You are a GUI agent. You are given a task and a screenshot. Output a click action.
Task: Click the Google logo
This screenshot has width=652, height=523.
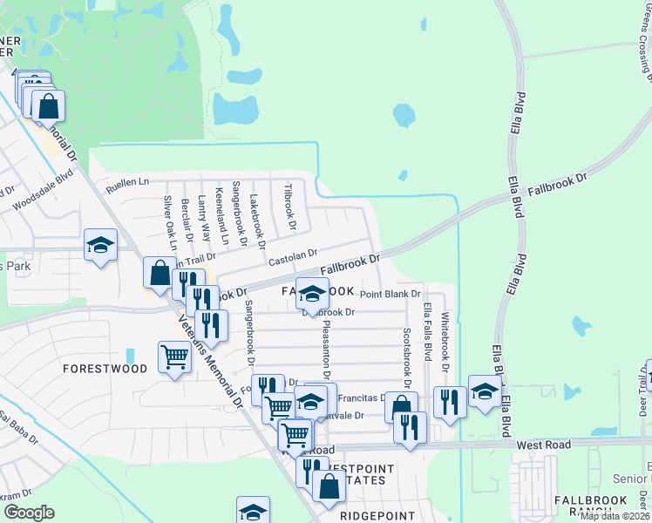coord(30,513)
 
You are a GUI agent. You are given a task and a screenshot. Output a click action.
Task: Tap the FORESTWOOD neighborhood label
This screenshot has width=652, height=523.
coord(105,369)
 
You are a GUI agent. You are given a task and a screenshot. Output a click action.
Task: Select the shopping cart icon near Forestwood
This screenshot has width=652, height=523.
coord(174,357)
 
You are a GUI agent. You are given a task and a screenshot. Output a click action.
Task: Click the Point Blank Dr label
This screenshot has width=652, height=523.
coord(390,295)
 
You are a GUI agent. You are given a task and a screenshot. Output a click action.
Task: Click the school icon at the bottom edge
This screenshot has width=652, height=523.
coord(253,511)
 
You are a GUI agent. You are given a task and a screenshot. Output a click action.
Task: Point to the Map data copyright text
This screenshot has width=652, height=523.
coord(615,516)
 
